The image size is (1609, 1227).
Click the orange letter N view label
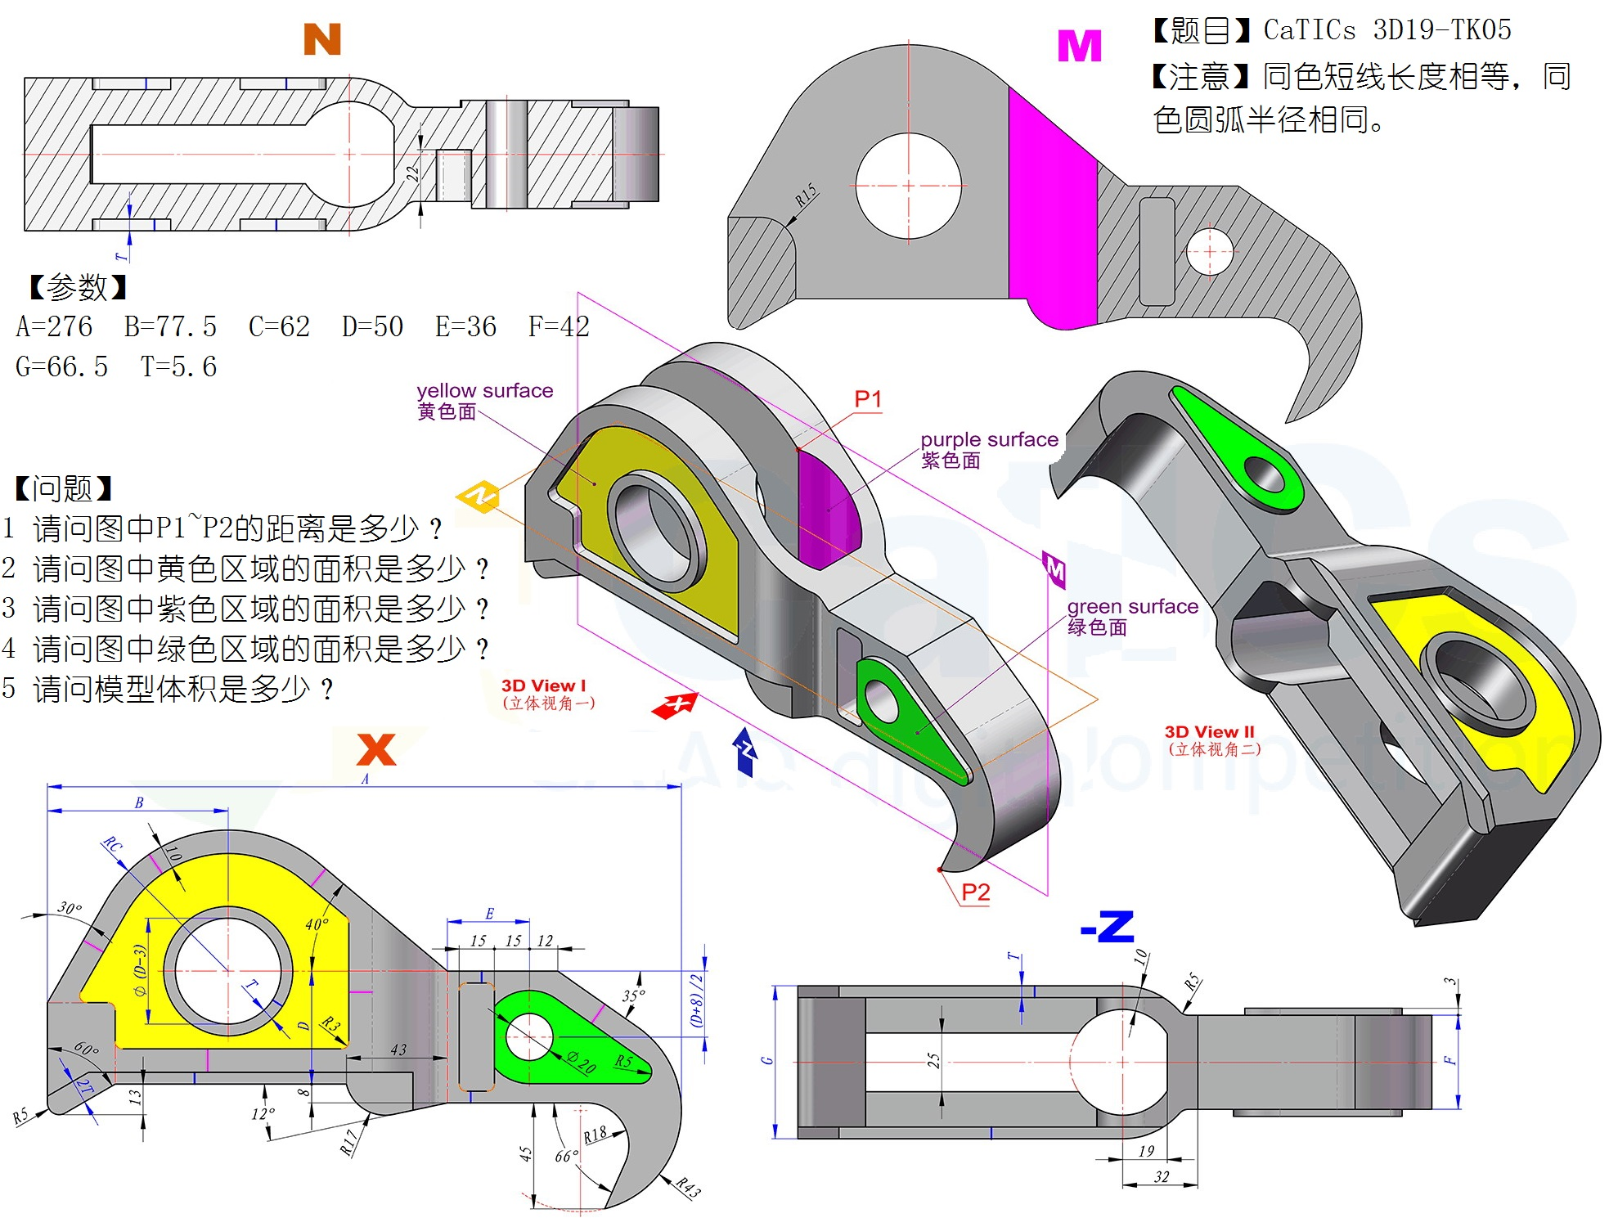click(x=322, y=39)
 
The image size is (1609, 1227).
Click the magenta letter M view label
click(x=1080, y=46)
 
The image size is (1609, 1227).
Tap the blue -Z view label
click(x=1108, y=927)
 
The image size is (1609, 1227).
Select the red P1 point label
click(x=868, y=399)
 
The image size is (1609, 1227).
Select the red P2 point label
click(x=976, y=892)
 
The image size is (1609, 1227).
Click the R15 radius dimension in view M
click(x=806, y=195)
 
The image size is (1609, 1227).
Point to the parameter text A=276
click(x=54, y=326)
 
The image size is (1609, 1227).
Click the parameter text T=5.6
click(x=178, y=366)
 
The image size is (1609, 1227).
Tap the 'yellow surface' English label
click(x=485, y=390)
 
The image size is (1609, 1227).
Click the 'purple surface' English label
click(x=990, y=439)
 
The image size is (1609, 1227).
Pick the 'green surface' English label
click(x=1133, y=606)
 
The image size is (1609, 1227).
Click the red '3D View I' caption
click(x=544, y=685)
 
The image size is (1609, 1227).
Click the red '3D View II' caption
click(x=1210, y=732)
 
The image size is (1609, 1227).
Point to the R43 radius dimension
click(x=688, y=1187)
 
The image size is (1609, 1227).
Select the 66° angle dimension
click(x=566, y=1156)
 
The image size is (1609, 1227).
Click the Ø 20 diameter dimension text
click(x=582, y=1062)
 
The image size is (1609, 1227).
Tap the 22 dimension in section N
click(x=412, y=173)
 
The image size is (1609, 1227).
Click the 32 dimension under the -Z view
click(x=1162, y=1176)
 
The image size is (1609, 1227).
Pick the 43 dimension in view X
click(x=398, y=1049)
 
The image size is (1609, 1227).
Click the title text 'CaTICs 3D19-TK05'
click(x=1387, y=30)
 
